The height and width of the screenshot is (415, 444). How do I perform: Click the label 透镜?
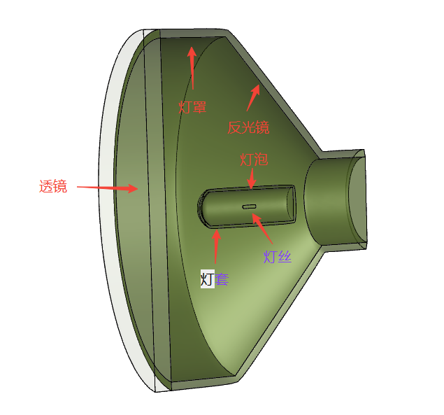[x=53, y=187]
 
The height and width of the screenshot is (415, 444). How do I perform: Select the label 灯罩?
[x=192, y=107]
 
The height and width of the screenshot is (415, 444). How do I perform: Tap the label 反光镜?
[x=248, y=127]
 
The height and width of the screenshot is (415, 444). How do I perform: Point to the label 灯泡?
[x=254, y=160]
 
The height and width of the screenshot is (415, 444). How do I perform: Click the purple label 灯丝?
[x=278, y=257]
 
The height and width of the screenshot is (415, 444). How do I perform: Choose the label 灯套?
[x=215, y=279]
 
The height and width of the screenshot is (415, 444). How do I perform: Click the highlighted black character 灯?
[x=207, y=279]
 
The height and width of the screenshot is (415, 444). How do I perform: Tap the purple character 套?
[x=222, y=279]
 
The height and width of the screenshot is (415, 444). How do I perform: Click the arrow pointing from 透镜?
[x=108, y=188]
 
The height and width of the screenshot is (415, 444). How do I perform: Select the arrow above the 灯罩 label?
[x=192, y=68]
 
